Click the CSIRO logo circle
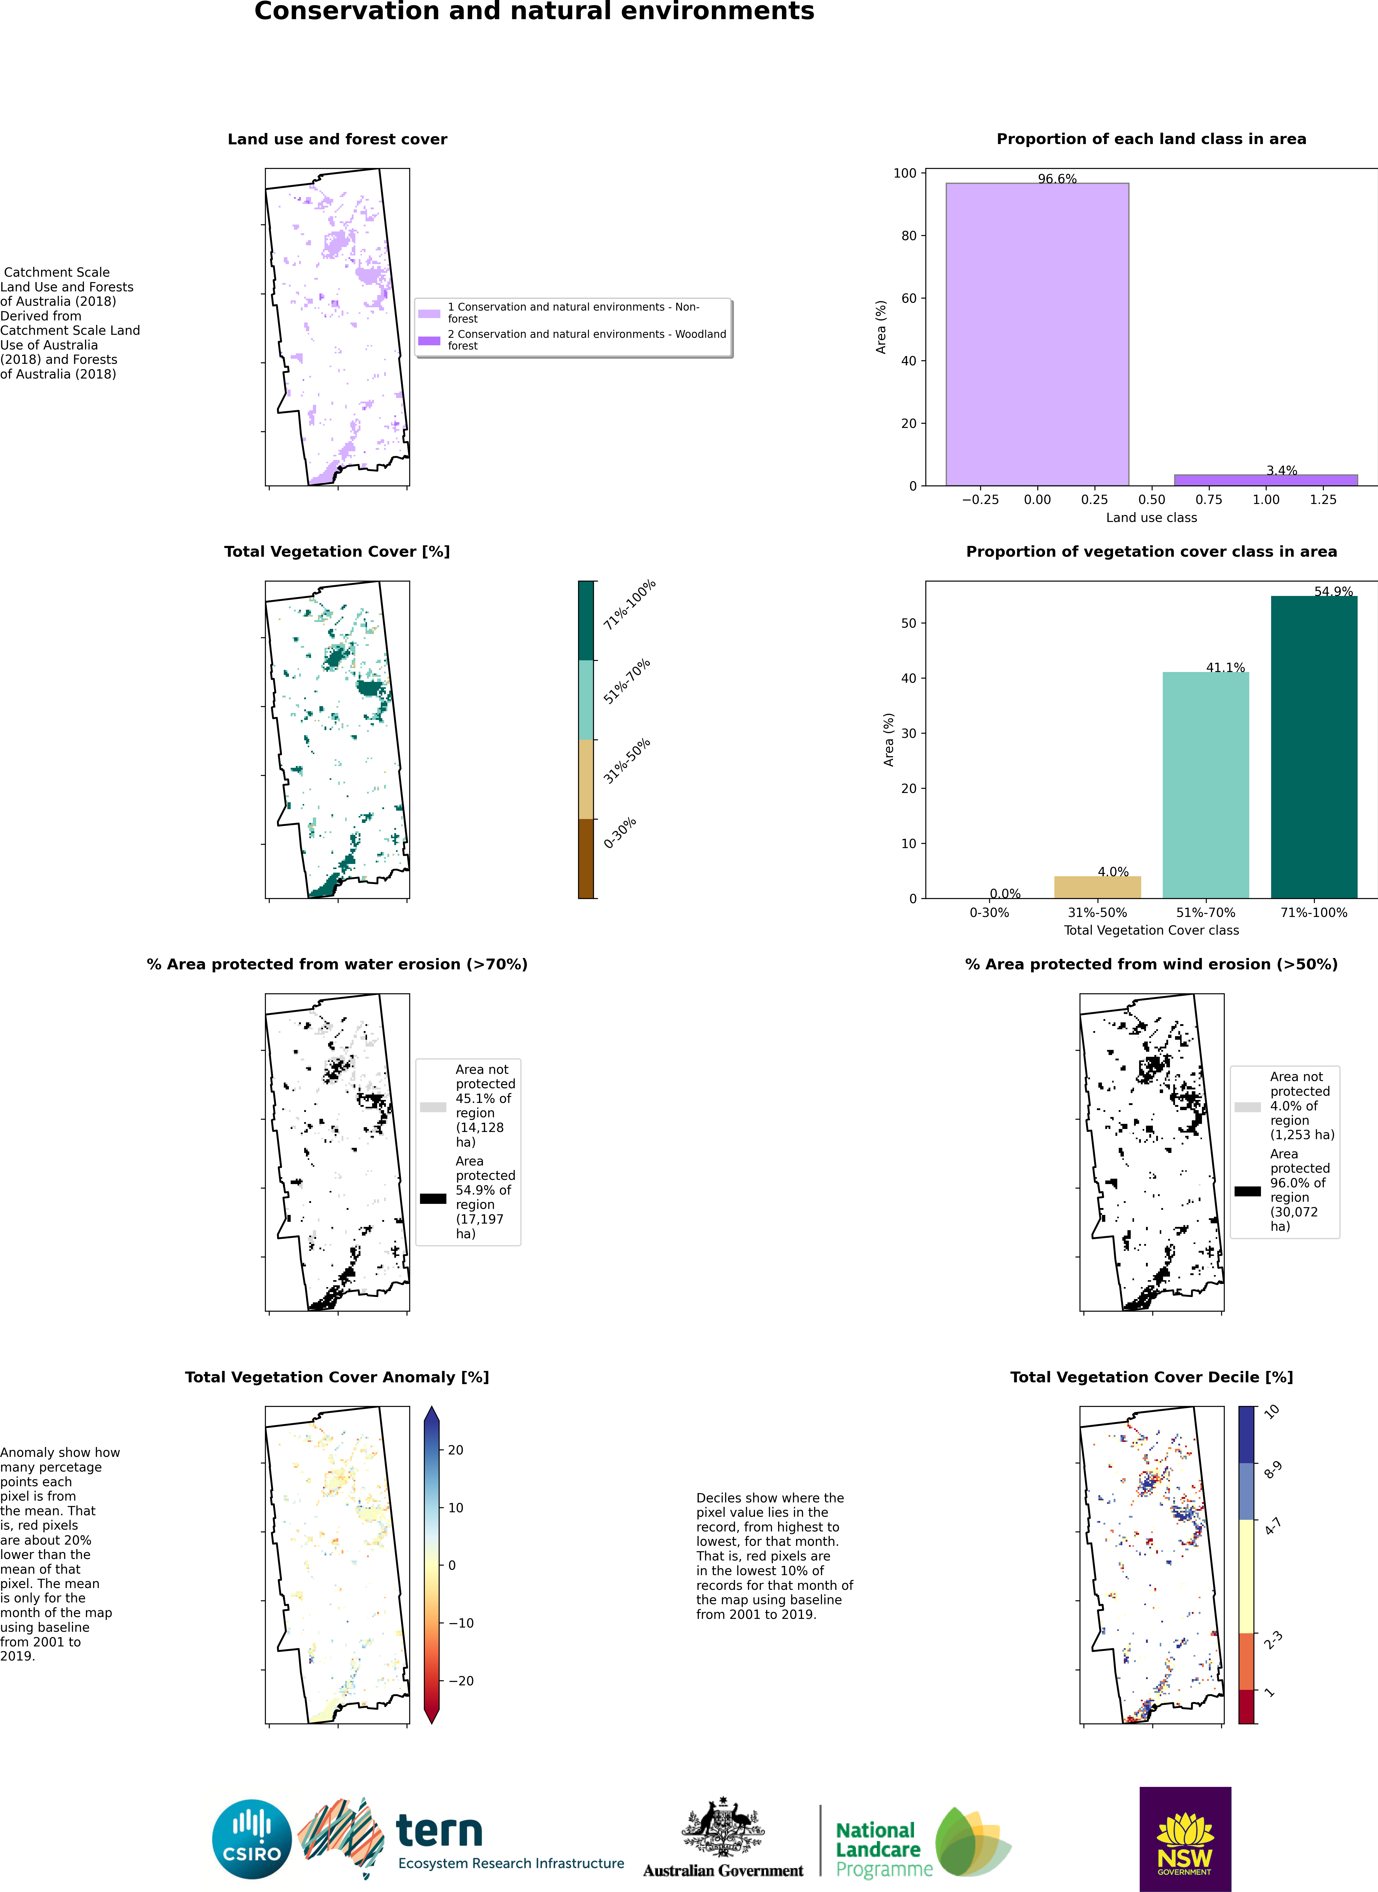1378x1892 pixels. click(x=252, y=1839)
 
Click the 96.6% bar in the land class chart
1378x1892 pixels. click(x=1037, y=334)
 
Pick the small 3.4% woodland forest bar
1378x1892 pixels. click(x=1265, y=480)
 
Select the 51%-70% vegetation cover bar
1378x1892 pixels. click(x=1205, y=784)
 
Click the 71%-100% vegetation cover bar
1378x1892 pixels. click(x=1314, y=747)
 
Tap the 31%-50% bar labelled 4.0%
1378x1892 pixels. click(x=1097, y=887)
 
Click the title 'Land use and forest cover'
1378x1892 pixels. click(x=337, y=139)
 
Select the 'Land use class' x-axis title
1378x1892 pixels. click(x=1151, y=517)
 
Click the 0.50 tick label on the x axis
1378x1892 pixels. click(x=1151, y=500)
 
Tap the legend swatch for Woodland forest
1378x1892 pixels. click(x=429, y=340)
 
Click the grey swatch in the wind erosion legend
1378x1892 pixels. click(x=1247, y=1107)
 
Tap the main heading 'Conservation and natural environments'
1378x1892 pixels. click(x=534, y=12)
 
